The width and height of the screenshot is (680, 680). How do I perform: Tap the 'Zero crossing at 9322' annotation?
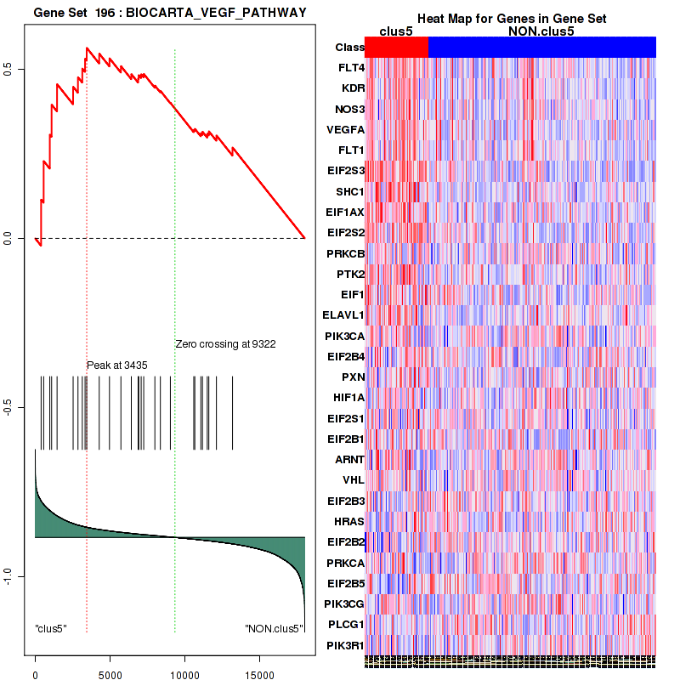click(x=225, y=344)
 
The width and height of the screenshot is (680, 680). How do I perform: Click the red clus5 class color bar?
click(x=396, y=48)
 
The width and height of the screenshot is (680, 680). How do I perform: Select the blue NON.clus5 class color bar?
click(x=541, y=48)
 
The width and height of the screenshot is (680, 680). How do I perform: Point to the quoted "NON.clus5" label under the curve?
click(x=274, y=629)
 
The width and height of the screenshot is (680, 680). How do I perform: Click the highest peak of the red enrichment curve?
click(x=87, y=48)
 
